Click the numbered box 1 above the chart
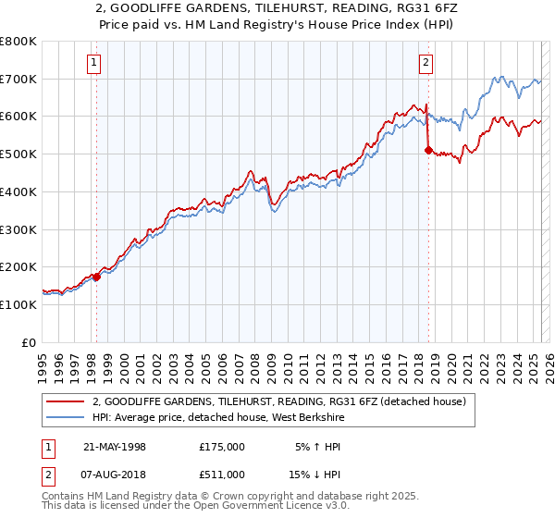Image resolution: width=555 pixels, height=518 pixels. (x=95, y=63)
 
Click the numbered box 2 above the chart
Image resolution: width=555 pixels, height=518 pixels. (x=425, y=63)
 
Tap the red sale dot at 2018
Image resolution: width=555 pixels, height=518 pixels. (x=428, y=150)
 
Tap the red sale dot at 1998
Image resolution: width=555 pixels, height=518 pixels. (x=96, y=277)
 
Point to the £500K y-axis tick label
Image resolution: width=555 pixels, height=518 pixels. (x=18, y=154)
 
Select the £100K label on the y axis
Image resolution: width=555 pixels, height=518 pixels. (x=18, y=304)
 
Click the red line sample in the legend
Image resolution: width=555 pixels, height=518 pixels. (x=66, y=401)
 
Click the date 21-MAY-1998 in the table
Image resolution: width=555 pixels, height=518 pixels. (x=115, y=447)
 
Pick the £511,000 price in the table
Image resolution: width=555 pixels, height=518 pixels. (x=222, y=475)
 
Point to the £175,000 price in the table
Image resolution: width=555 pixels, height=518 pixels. (x=222, y=447)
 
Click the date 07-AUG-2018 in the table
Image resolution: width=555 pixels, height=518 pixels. (x=115, y=475)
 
